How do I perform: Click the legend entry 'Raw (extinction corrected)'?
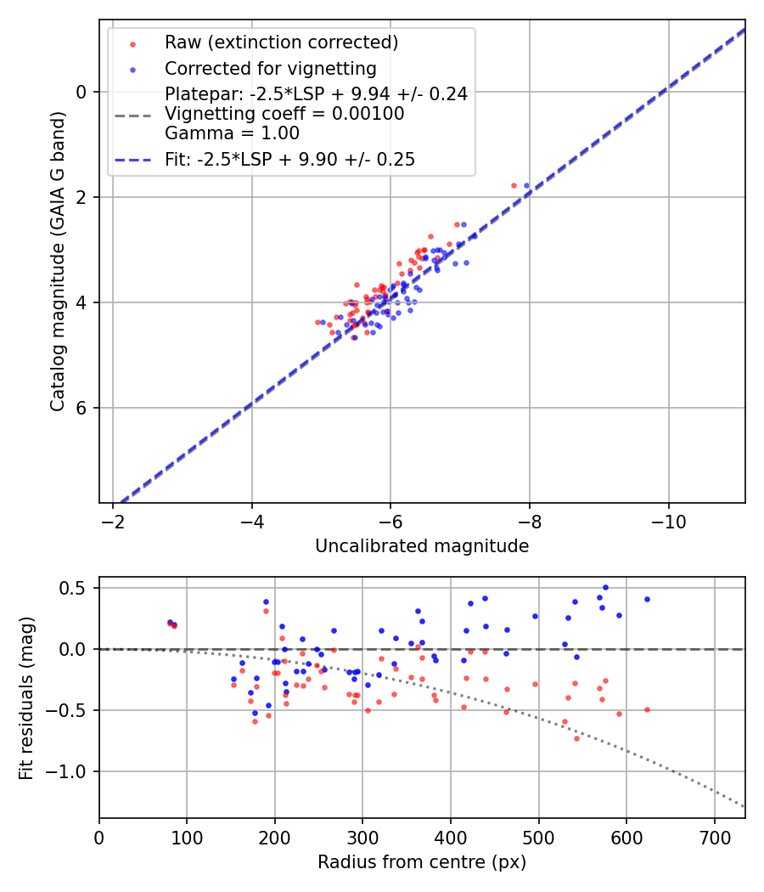point(281,42)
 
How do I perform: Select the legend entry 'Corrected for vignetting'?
point(270,68)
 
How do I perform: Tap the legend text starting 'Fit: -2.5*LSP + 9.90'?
point(289,160)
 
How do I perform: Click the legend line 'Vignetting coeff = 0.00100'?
point(284,114)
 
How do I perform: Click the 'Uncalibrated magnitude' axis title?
point(422,546)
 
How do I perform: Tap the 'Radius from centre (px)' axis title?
point(422,862)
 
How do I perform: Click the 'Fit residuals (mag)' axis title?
point(26,697)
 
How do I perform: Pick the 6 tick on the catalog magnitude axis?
point(83,408)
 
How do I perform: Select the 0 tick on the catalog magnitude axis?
point(83,92)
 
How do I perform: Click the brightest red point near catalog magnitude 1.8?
point(514,185)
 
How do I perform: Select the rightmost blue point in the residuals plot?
point(647,599)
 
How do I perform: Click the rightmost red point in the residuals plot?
point(647,709)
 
